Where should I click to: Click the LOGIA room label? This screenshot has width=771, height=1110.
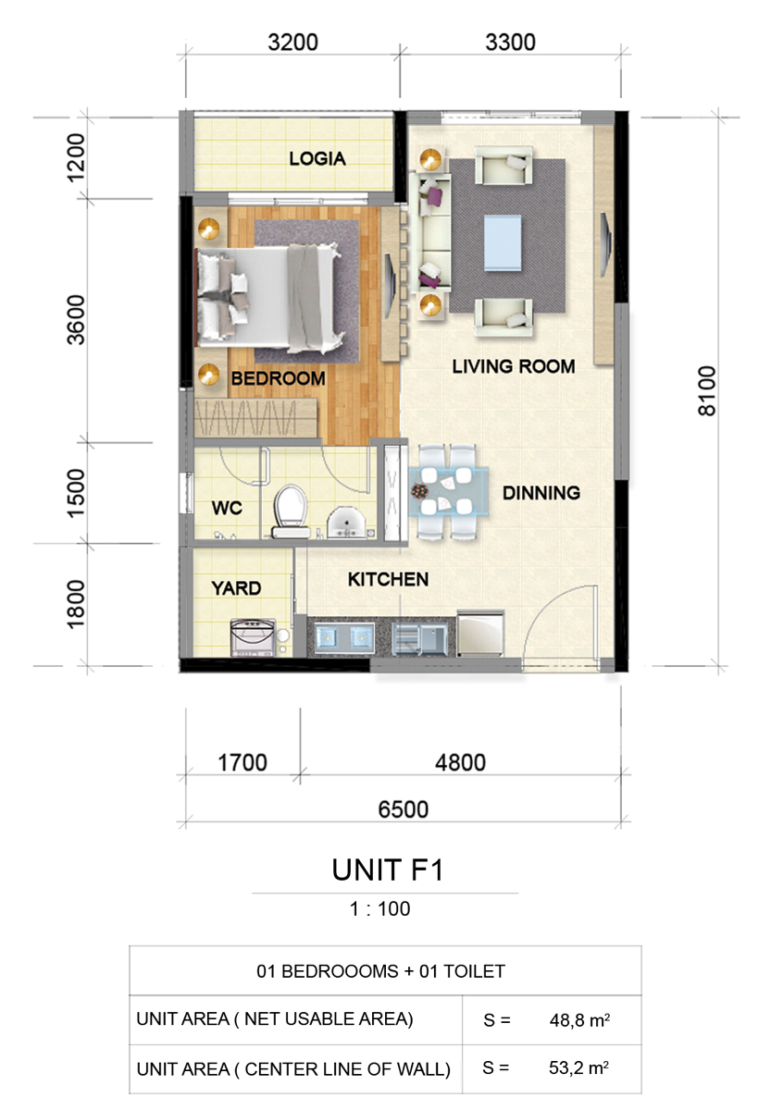[317, 158]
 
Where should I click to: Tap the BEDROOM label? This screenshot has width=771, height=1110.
[279, 378]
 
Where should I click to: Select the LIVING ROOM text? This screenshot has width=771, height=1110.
[514, 366]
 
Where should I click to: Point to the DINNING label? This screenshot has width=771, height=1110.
[541, 492]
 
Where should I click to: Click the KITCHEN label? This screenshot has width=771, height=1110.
[388, 579]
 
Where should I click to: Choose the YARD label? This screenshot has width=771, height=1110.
[236, 588]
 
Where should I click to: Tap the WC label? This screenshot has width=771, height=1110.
[227, 508]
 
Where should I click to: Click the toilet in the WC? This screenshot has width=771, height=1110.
[290, 511]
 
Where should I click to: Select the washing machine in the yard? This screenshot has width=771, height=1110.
[253, 637]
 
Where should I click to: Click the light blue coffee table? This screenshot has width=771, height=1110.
[503, 242]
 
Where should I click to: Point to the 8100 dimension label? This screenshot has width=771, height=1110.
[707, 391]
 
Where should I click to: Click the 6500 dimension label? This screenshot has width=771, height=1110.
[404, 809]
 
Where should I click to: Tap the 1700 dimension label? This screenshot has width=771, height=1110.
[242, 762]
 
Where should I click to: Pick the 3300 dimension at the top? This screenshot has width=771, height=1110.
[510, 43]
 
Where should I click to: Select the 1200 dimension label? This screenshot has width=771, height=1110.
[76, 157]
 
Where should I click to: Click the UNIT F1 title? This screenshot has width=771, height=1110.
[388, 870]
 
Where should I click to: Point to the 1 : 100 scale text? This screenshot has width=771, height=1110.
[379, 908]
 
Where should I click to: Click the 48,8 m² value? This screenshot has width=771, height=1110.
[579, 1019]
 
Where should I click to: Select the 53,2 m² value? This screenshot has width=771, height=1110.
[578, 1067]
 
